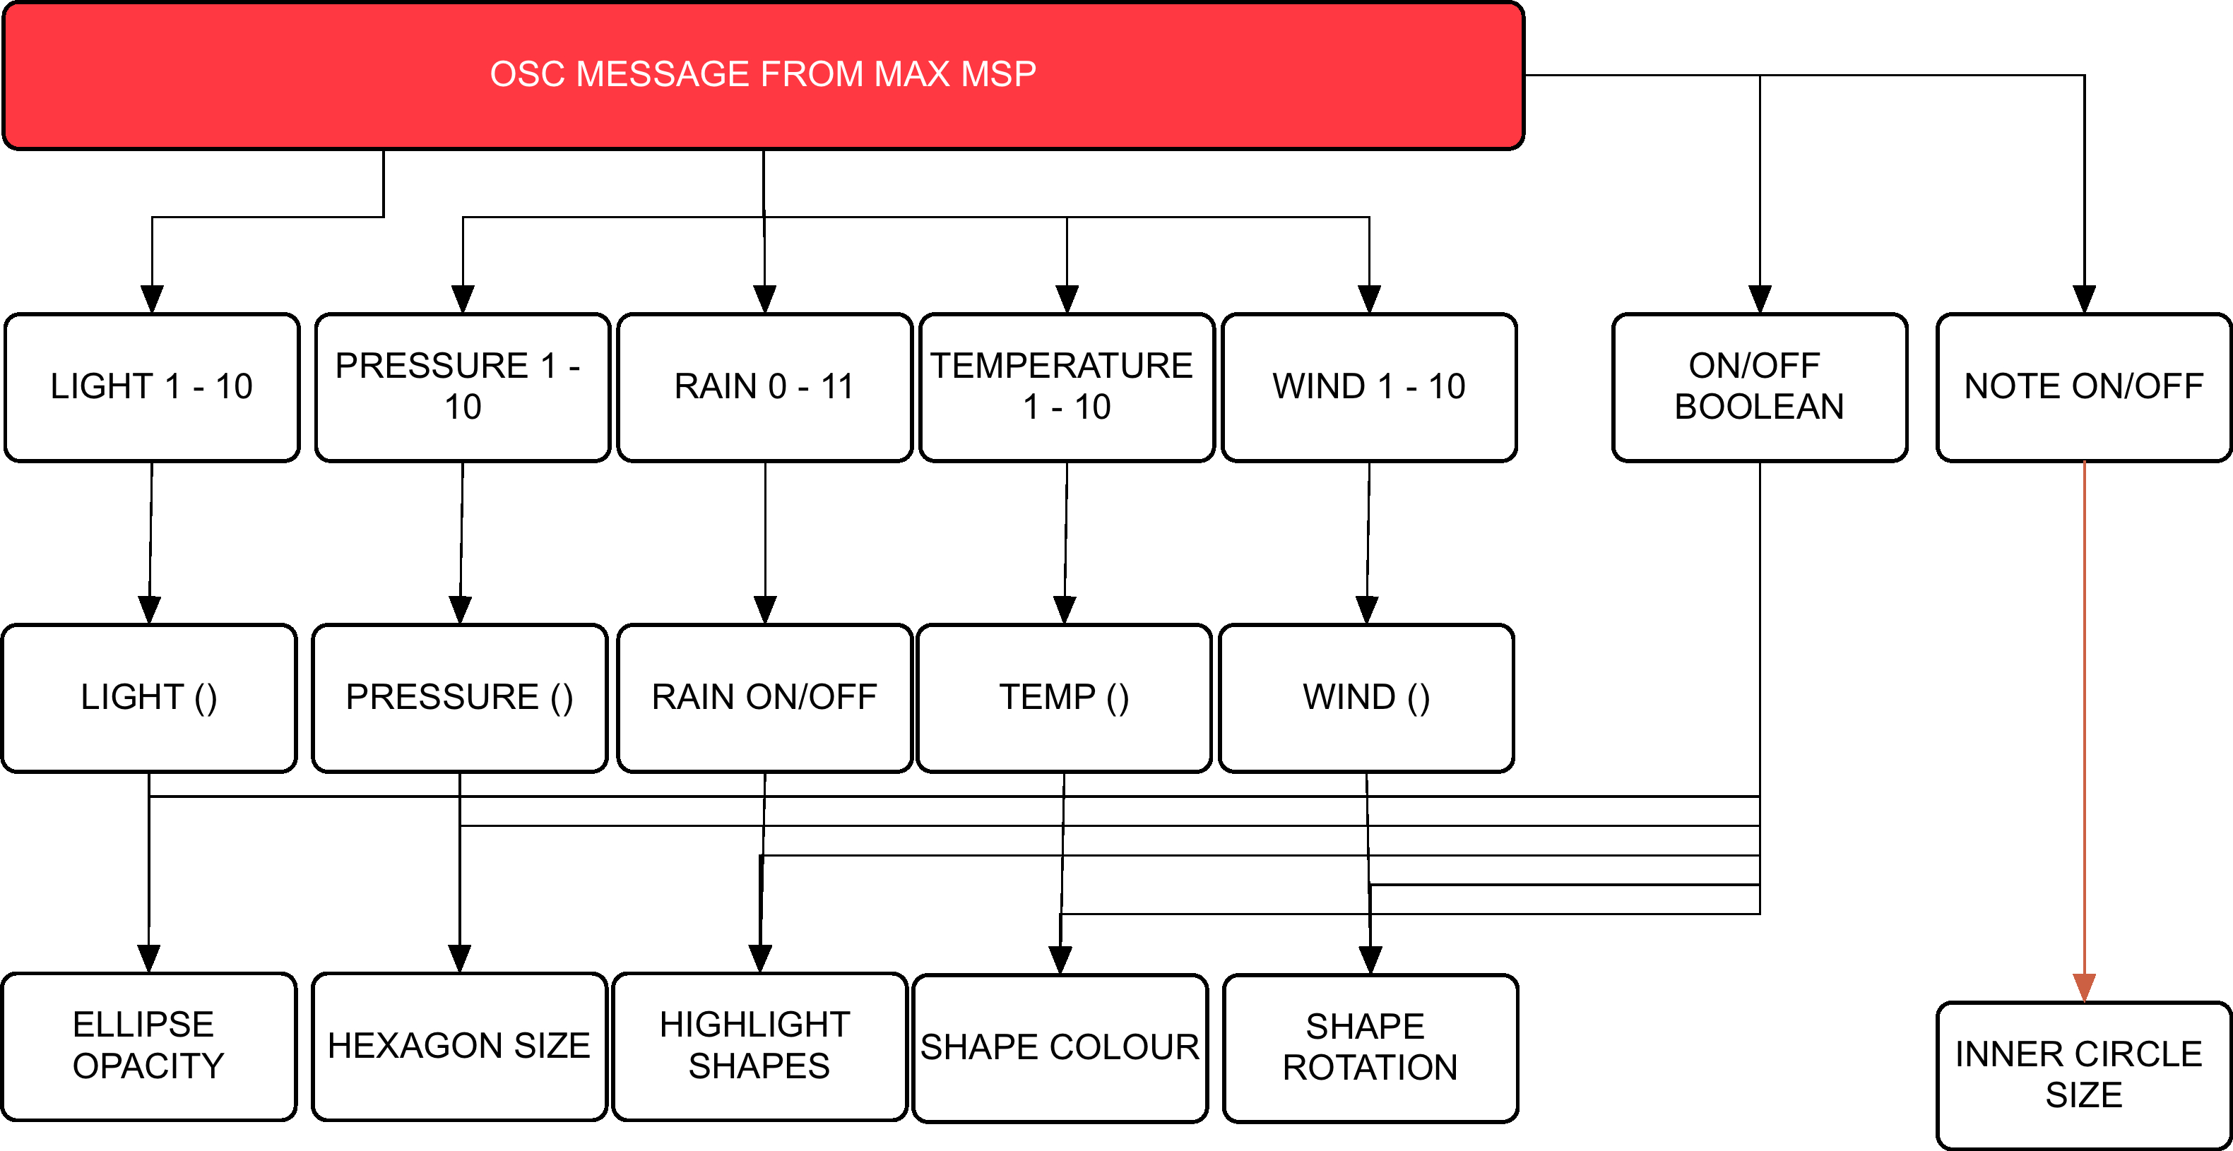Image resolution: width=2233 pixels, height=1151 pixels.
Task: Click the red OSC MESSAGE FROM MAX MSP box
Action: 763,76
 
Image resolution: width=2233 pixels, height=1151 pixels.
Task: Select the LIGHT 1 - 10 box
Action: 152,386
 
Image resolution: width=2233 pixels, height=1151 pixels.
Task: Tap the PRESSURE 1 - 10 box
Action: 462,386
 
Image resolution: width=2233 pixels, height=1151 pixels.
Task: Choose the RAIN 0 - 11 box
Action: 764,386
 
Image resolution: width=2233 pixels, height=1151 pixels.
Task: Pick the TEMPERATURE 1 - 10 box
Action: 1065,386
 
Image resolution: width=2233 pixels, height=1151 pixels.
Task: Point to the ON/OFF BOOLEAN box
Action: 1759,386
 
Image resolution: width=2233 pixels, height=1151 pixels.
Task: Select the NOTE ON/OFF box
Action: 2083,386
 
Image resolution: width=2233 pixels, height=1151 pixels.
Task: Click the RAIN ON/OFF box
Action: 764,698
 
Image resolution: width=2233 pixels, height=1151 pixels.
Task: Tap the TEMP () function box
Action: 1064,698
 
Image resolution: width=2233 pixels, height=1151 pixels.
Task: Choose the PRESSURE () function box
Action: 459,698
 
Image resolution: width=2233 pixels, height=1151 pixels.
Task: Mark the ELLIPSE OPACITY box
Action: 148,1046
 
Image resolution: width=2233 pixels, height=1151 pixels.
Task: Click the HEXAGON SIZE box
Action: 458,1046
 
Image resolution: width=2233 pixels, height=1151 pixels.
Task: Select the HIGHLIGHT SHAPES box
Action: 759,1046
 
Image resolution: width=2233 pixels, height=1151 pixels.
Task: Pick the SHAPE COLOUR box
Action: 1060,1048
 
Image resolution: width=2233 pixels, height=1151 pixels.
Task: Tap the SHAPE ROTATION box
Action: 1370,1048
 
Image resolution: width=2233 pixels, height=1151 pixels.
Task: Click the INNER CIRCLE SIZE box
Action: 2083,1075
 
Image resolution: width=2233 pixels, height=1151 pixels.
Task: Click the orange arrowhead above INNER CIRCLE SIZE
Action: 2084,987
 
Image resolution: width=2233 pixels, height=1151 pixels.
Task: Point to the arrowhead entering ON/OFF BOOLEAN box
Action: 1760,298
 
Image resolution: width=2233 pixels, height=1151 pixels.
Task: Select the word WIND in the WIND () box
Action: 1349,698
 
